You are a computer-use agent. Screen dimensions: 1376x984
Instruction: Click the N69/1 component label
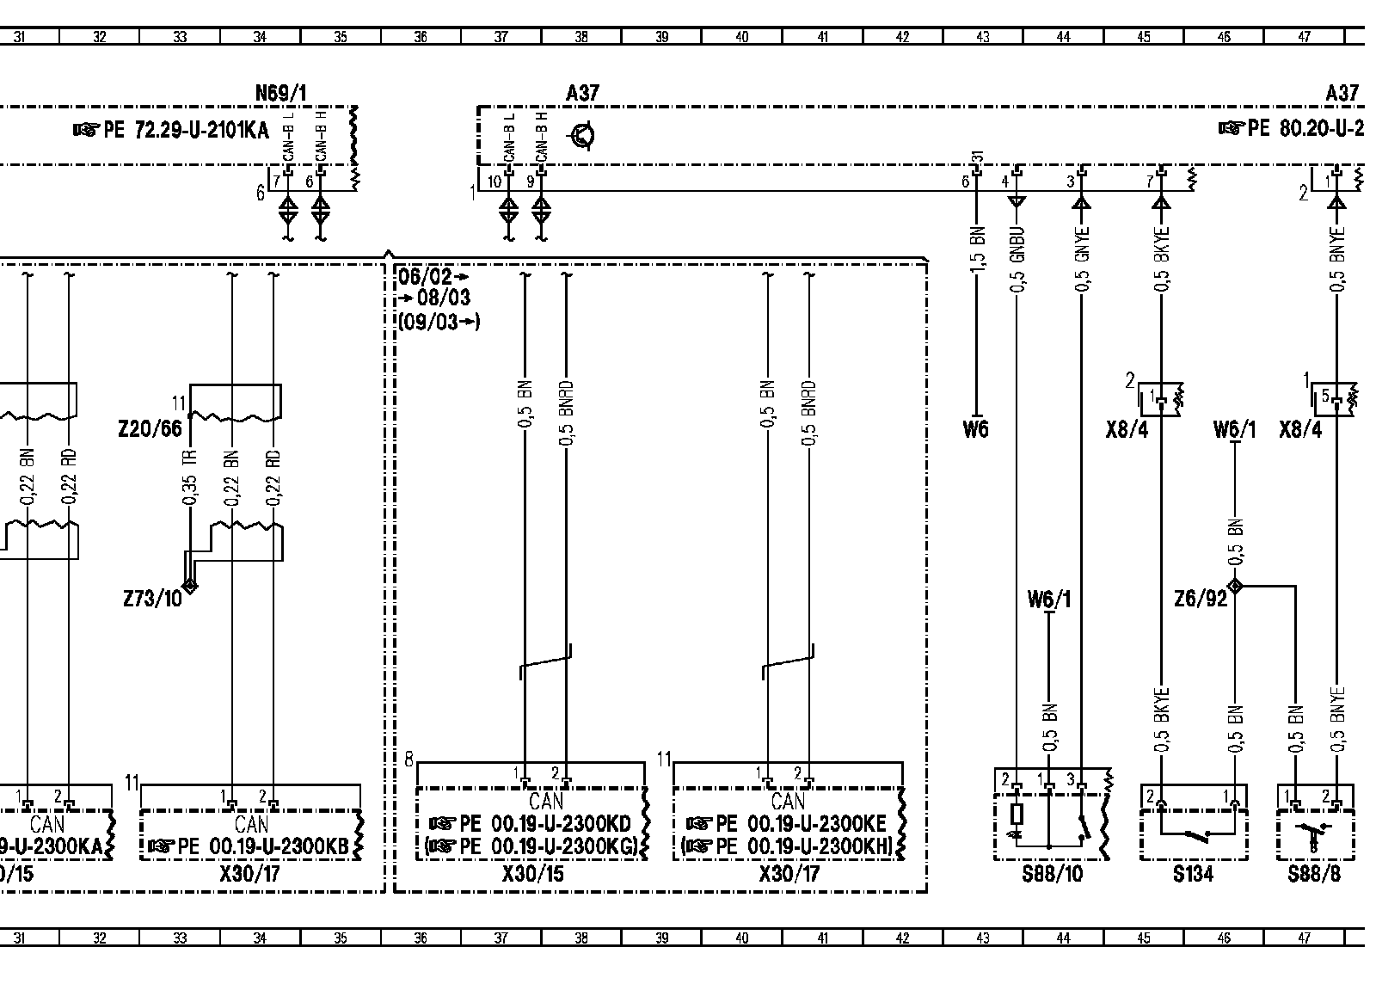tap(282, 93)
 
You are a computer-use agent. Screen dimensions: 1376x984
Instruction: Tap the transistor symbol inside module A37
tap(584, 136)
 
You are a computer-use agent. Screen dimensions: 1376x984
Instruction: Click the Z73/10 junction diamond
tap(189, 586)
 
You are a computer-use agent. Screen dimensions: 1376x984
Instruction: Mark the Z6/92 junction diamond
tap(1235, 587)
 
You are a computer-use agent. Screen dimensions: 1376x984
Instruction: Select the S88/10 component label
tap(1052, 875)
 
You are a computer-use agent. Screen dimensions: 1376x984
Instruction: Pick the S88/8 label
tap(1315, 875)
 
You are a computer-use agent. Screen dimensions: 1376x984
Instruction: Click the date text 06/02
tap(424, 277)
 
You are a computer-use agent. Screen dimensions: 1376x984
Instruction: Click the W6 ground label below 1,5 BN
tap(976, 428)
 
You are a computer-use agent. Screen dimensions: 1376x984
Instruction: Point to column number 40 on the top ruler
tap(742, 37)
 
